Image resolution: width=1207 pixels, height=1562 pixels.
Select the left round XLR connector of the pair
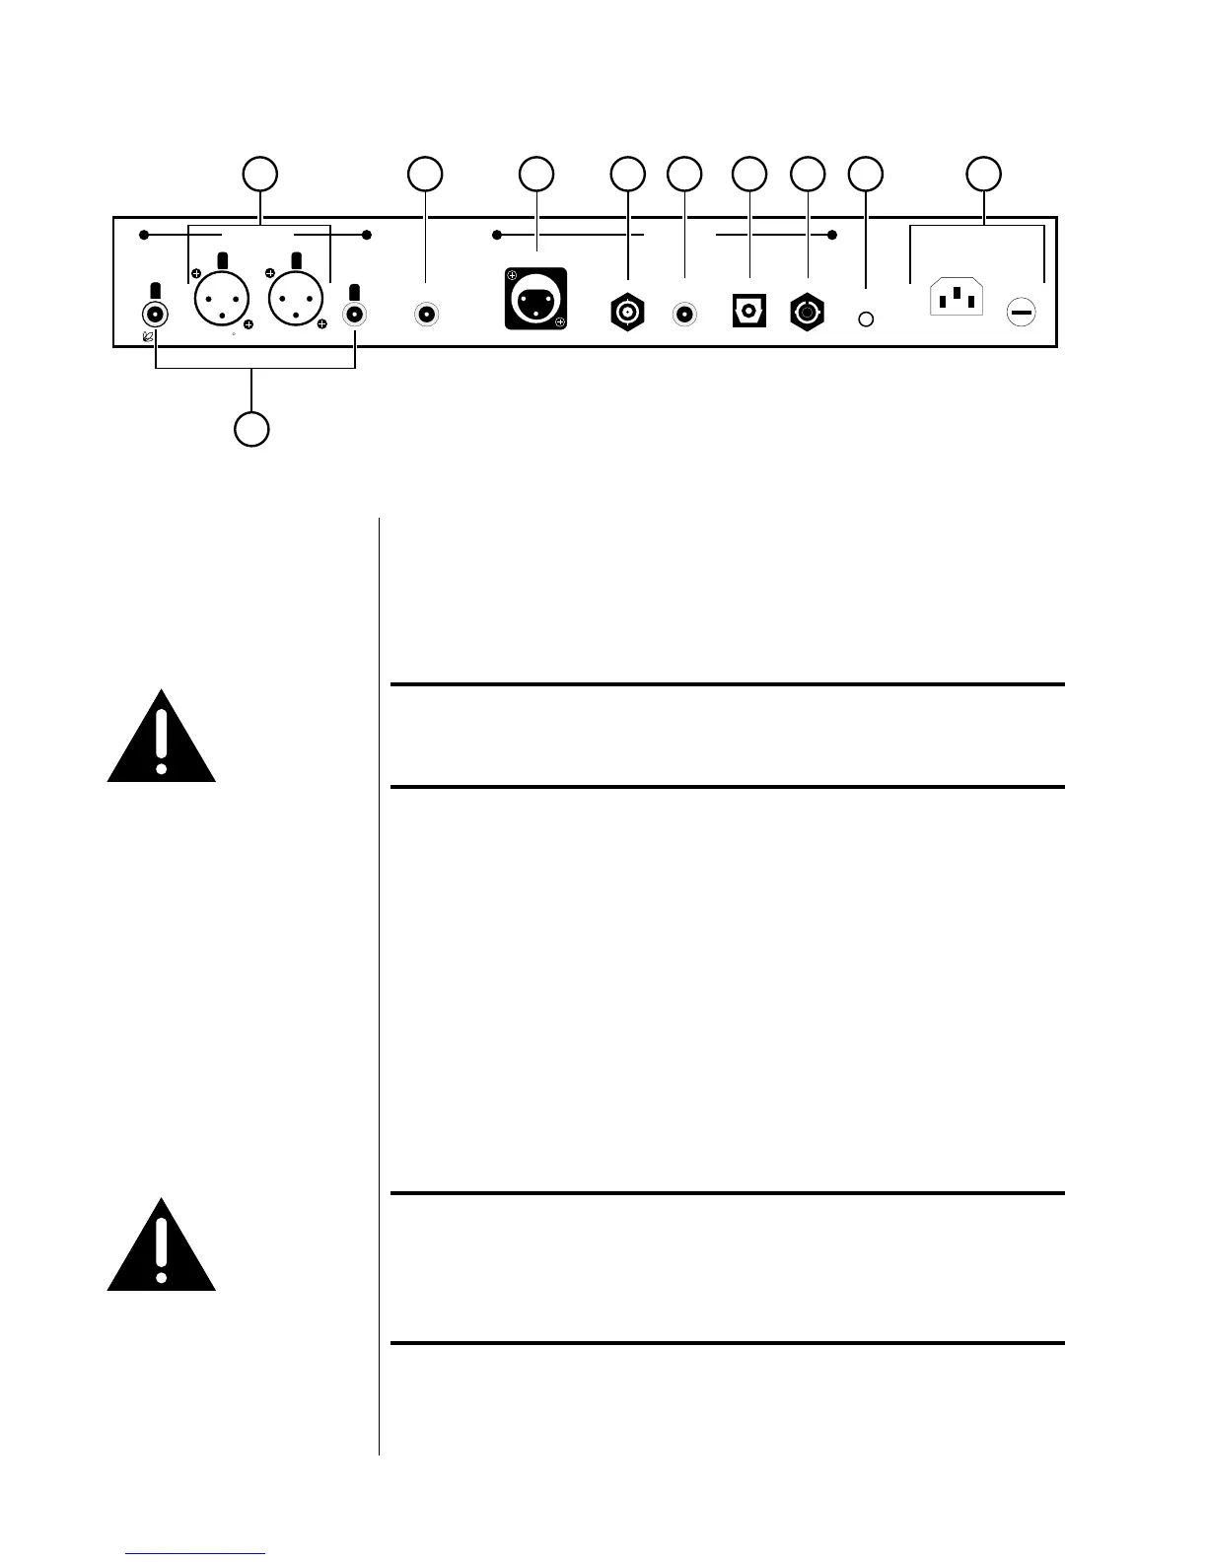click(223, 300)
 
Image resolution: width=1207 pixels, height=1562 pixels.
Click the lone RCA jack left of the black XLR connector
click(426, 315)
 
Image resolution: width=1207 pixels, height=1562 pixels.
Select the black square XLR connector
click(535, 298)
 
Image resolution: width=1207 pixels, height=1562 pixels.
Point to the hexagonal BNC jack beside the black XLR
click(627, 314)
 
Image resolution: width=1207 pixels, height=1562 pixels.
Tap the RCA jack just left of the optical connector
click(684, 315)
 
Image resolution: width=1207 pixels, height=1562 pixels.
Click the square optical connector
click(749, 313)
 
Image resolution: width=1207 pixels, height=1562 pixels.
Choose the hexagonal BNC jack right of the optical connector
click(808, 314)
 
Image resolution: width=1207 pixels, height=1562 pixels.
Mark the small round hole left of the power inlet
click(866, 319)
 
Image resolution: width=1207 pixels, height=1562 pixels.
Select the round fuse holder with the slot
click(1021, 314)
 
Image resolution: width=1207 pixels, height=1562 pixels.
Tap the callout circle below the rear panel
click(251, 430)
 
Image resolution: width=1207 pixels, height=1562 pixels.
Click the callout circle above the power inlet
click(983, 173)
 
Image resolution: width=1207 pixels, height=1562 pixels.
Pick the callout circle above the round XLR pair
click(260, 173)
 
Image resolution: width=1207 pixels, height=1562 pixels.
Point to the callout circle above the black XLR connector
click(536, 173)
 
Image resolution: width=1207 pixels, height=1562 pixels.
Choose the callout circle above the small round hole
click(866, 173)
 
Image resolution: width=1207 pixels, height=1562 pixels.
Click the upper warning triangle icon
click(162, 739)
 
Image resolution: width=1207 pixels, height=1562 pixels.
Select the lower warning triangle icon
click(162, 1246)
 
